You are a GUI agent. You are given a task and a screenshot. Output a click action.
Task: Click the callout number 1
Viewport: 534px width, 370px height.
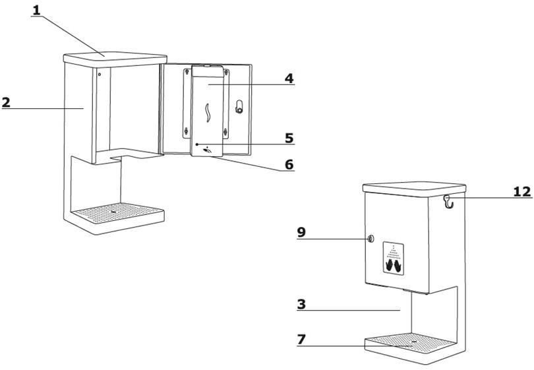(36, 10)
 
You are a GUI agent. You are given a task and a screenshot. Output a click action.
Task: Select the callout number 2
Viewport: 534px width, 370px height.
(6, 102)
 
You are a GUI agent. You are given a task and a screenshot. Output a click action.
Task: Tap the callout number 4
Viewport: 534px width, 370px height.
(289, 78)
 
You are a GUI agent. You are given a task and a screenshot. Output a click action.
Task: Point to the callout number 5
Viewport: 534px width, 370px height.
(289, 138)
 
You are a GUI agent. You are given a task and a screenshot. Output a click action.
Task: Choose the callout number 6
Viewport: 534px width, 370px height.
(289, 165)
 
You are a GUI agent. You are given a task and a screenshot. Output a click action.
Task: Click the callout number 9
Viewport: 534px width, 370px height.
(301, 232)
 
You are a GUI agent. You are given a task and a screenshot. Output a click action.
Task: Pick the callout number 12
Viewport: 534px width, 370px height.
(522, 191)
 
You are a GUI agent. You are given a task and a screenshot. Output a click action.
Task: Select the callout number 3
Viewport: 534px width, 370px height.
(301, 304)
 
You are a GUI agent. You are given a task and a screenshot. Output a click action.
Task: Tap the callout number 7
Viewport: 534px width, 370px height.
(301, 340)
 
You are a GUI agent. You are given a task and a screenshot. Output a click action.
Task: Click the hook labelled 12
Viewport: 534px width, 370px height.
(449, 202)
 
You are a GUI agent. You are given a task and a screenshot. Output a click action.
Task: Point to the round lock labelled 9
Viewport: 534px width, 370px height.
(371, 239)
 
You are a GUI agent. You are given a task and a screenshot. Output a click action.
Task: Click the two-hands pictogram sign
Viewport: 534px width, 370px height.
(394, 259)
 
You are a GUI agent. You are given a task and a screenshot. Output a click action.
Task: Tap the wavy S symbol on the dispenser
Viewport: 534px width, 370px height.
(208, 113)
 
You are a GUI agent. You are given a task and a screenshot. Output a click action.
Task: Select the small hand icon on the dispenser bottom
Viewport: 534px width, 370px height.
(208, 150)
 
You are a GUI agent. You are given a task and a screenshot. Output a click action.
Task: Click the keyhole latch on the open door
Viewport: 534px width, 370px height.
(239, 107)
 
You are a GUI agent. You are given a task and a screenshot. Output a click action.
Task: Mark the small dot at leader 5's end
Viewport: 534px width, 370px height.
(197, 144)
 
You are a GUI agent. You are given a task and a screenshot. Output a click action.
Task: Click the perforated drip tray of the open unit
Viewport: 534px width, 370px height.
(117, 212)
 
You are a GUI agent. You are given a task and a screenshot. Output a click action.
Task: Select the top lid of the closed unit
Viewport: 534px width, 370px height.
(414, 188)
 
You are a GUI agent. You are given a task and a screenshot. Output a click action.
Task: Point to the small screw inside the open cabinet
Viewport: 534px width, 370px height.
(100, 75)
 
